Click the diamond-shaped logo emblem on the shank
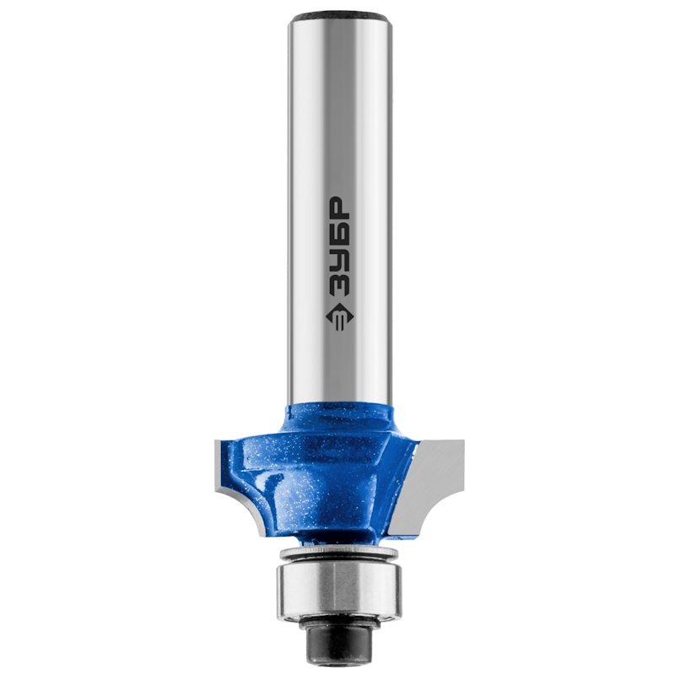(x=337, y=318)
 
